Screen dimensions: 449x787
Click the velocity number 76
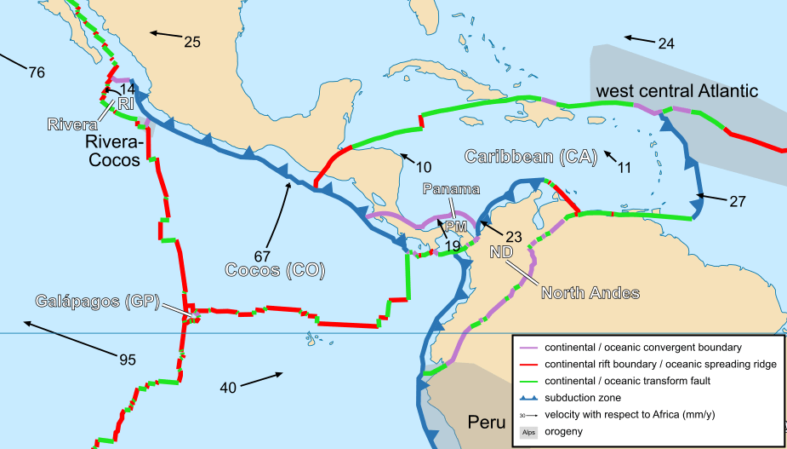(x=36, y=72)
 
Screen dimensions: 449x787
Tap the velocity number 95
(x=127, y=360)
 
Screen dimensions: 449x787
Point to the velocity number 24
(x=665, y=43)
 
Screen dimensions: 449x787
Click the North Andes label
(x=590, y=294)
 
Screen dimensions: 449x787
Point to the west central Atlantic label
(x=676, y=90)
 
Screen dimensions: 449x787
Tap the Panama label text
(x=451, y=188)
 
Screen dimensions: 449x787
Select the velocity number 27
(x=737, y=202)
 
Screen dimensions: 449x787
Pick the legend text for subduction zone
(x=583, y=398)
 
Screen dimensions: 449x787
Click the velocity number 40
(x=228, y=388)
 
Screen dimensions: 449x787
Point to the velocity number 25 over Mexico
(x=191, y=41)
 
